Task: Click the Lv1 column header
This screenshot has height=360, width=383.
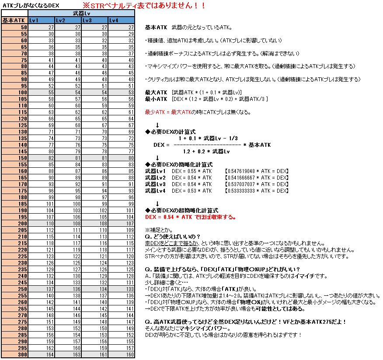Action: pyautogui.click(x=42, y=21)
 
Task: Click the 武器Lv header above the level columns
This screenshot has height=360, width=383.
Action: pyautogui.click(x=81, y=14)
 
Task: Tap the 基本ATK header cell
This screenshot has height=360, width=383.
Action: pyautogui.click(x=14, y=21)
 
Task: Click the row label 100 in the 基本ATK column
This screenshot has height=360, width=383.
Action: pyautogui.click(x=14, y=93)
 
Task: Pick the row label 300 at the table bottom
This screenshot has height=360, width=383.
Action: pyautogui.click(x=14, y=354)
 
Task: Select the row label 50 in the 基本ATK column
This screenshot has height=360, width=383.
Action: pyautogui.click(x=14, y=27)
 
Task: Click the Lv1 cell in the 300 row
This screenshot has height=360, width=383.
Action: pyautogui.click(x=42, y=354)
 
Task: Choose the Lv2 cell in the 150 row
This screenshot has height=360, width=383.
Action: pyautogui.click(x=68, y=158)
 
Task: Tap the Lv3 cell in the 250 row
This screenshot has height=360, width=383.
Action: pyautogui.click(x=95, y=289)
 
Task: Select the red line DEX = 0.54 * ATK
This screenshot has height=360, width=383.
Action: pyautogui.click(x=190, y=217)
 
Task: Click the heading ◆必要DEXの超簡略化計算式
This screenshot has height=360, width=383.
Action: pyautogui.click(x=182, y=211)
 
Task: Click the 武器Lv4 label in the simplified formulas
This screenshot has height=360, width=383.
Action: pyautogui.click(x=155, y=191)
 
